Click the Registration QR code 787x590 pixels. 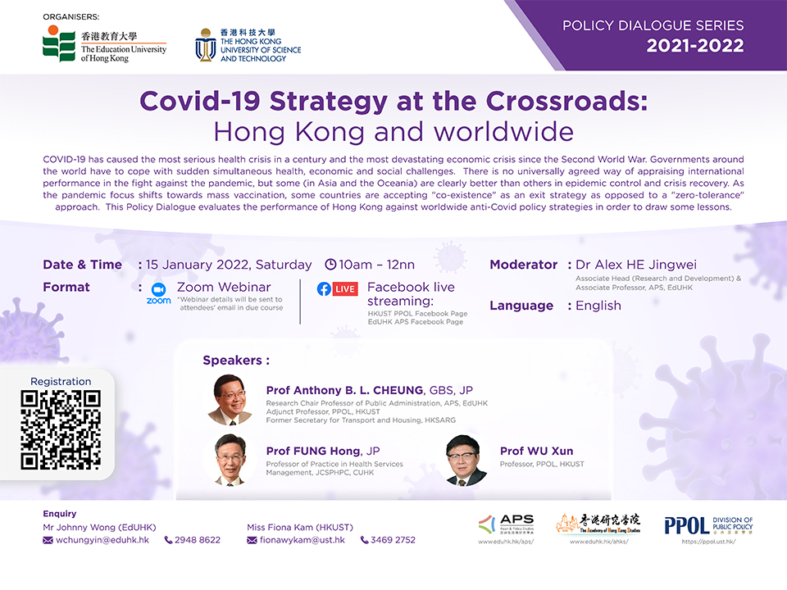61,430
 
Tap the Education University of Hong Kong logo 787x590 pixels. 104,44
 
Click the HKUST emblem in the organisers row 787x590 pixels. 205,45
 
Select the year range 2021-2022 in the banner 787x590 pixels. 694,46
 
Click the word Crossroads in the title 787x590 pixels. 566,101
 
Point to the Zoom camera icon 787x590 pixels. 158,290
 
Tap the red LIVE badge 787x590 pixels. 345,289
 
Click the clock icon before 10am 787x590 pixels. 330,265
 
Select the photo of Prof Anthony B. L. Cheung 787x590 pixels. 230,400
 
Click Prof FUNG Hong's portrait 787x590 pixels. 230,460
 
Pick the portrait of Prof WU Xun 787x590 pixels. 466,461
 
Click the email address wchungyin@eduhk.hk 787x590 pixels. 102,540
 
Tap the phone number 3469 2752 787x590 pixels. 393,540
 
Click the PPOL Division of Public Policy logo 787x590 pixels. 708,525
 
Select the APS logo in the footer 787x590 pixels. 506,524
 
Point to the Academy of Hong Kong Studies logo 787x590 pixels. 598,524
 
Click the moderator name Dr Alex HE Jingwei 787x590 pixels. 636,265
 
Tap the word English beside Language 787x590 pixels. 598,306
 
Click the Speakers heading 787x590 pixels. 236,361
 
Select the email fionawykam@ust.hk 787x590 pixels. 303,540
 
